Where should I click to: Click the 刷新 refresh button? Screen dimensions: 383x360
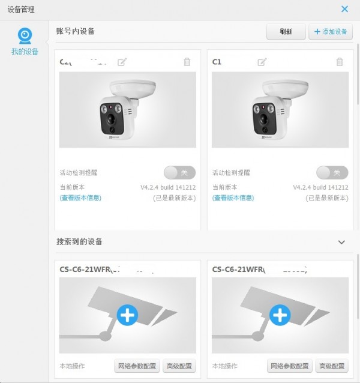click(286, 32)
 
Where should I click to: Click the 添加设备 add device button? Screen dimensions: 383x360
click(331, 32)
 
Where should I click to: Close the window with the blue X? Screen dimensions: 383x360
click(344, 9)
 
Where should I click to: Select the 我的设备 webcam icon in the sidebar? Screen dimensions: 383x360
click(25, 36)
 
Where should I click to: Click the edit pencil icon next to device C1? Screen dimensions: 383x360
click(262, 62)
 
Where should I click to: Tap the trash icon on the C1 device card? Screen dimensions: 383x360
click(340, 62)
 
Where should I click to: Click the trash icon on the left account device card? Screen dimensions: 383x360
click(187, 62)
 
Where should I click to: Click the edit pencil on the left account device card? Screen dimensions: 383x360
click(122, 62)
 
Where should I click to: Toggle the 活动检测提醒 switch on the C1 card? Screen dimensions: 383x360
click(332, 173)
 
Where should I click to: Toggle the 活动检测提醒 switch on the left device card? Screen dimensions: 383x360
click(179, 173)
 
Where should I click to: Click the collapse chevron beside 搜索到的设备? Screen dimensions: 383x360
click(341, 243)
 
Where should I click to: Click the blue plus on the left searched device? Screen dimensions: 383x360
click(127, 315)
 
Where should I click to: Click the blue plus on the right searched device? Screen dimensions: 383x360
click(280, 315)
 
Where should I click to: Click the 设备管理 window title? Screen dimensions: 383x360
click(21, 9)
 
